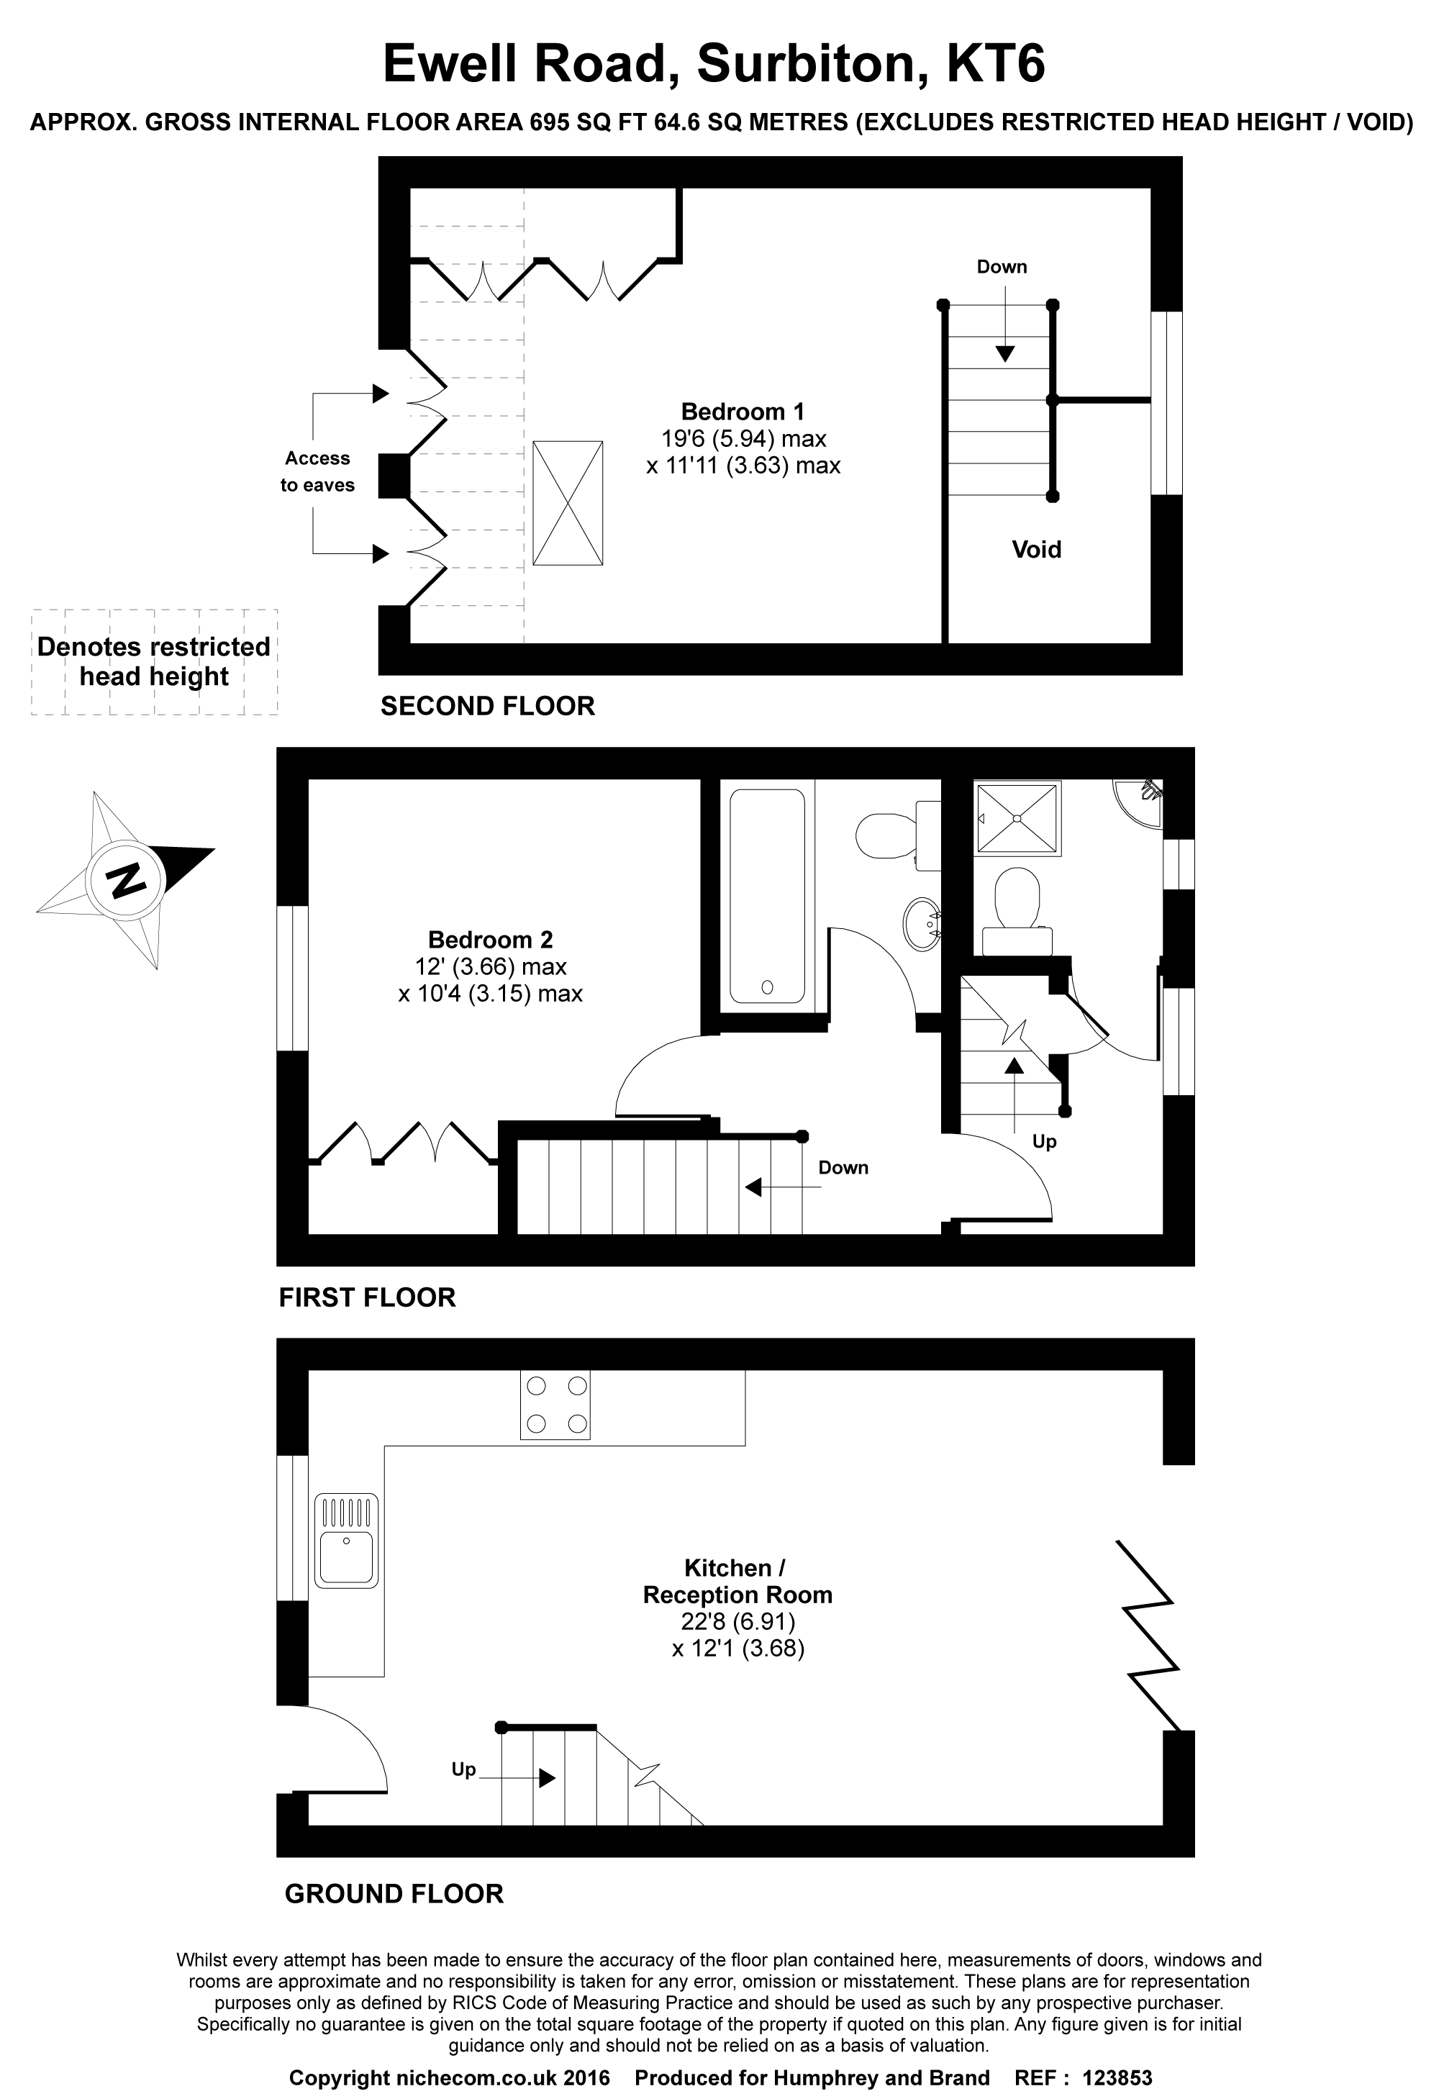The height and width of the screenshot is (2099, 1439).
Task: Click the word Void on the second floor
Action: coord(1036,549)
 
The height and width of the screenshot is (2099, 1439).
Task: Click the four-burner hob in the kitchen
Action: coord(555,1405)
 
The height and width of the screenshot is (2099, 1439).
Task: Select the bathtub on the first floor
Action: coord(767,896)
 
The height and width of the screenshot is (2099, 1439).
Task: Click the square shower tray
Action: coord(1017,818)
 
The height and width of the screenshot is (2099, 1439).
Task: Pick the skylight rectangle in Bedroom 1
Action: coord(567,503)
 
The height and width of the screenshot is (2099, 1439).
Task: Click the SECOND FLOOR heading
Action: coord(488,707)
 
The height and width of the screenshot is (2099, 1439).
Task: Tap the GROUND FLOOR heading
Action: coord(394,1894)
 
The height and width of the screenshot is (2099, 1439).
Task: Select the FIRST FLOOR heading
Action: coord(367,1298)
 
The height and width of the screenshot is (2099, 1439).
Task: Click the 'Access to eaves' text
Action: coord(317,471)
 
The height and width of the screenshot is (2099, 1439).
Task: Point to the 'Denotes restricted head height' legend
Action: coord(153,661)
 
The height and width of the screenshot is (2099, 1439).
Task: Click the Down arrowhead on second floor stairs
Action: coord(1004,354)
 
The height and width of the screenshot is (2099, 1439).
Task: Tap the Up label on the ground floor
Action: coord(463,1769)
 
